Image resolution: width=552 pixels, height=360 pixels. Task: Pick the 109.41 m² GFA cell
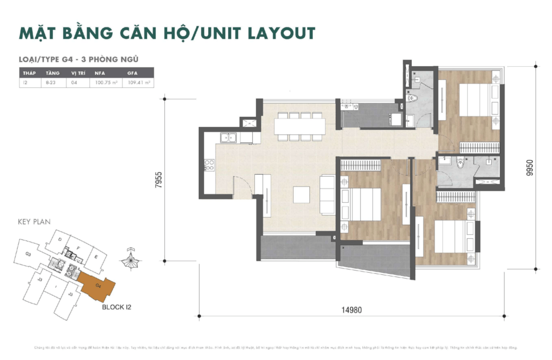click(x=137, y=83)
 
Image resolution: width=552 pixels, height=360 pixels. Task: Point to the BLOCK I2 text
click(x=116, y=307)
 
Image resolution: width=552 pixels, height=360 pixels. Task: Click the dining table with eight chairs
click(x=300, y=126)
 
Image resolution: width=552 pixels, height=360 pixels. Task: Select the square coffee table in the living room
click(x=301, y=195)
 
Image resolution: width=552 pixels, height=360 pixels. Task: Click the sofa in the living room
click(x=328, y=195)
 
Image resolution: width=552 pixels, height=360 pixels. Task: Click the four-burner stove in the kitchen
click(x=209, y=165)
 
